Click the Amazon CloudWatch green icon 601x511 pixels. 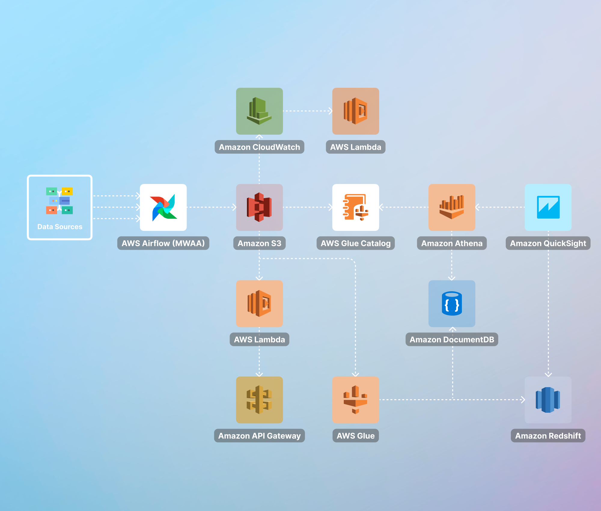[x=259, y=111]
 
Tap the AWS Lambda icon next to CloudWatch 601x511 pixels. [x=355, y=111]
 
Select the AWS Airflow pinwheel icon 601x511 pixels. [x=163, y=207]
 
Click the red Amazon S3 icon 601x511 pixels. [x=259, y=207]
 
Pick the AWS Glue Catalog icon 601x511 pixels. [x=355, y=207]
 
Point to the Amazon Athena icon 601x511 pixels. [x=452, y=207]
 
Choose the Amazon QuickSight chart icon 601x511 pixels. [x=548, y=207]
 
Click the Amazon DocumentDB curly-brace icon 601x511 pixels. [x=452, y=304]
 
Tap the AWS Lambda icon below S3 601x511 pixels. [x=259, y=304]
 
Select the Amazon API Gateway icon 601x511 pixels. [x=259, y=400]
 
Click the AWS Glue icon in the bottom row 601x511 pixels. [x=355, y=400]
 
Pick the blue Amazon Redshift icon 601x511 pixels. [x=548, y=400]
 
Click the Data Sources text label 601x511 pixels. [x=60, y=227]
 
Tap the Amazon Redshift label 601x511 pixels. [x=548, y=436]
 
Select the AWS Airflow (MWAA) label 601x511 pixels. [x=163, y=243]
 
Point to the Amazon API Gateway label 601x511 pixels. [x=259, y=436]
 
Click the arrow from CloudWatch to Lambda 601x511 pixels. [x=308, y=111]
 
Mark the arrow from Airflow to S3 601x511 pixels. [x=212, y=207]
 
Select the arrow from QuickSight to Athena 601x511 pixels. [x=500, y=207]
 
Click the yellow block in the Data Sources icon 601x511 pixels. [x=67, y=191]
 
